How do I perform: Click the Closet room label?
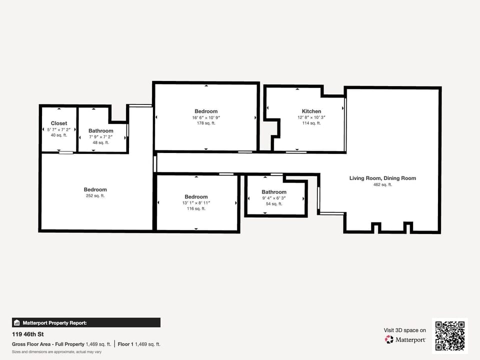[59, 123]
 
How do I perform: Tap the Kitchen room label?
[311, 111]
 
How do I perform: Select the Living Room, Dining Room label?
[382, 178]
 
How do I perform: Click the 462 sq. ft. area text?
[382, 185]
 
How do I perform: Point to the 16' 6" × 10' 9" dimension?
[206, 117]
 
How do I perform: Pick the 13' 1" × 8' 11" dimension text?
[196, 202]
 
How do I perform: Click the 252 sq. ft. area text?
[95, 196]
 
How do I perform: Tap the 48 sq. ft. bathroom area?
[101, 142]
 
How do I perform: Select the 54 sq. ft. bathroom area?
[274, 204]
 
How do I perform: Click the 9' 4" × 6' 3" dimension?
[274, 198]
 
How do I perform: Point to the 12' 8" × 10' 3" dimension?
[311, 117]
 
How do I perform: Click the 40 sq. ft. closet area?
[59, 135]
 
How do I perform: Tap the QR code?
[450, 336]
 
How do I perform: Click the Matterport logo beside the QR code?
[405, 340]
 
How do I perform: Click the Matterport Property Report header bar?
[86, 322]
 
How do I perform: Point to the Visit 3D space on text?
[405, 330]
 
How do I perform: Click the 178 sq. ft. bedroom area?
[206, 123]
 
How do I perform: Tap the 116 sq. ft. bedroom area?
[196, 208]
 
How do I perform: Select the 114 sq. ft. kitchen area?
[311, 123]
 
